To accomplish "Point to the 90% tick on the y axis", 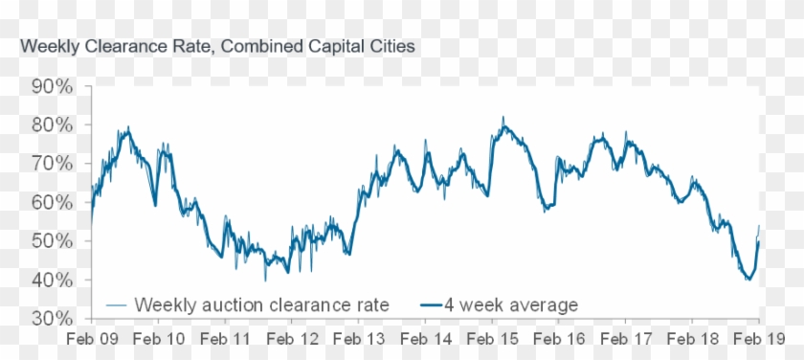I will [52, 86].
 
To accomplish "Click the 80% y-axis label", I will [52, 124].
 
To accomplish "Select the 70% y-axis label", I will [52, 164].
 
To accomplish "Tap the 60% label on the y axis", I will [52, 202].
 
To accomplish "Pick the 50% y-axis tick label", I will [52, 241].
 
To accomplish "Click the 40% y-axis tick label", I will [52, 280].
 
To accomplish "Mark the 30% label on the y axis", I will [52, 318].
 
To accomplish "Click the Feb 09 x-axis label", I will [92, 338].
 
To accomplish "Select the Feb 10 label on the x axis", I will [159, 338].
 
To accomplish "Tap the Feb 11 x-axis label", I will [226, 338].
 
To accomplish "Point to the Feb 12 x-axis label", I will [293, 338].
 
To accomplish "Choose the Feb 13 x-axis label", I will [360, 338].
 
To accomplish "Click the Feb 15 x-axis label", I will [493, 338].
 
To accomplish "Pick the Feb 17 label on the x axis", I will [627, 338].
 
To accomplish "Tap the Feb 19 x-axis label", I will [760, 338].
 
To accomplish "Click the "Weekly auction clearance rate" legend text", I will [262, 305].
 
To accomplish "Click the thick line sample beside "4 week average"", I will [434, 305].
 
